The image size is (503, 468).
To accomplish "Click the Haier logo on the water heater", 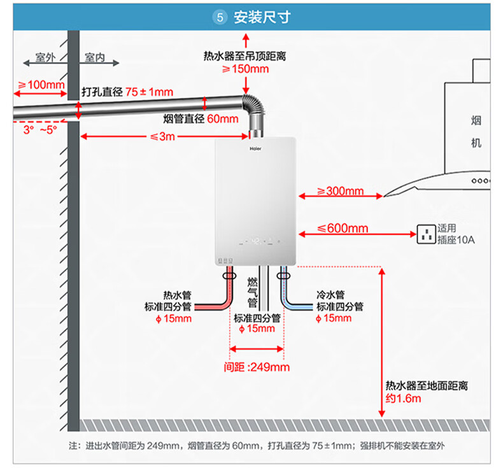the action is coord(255,148).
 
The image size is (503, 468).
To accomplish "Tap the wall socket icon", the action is coord(426,234).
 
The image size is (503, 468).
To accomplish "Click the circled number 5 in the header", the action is coord(220,17).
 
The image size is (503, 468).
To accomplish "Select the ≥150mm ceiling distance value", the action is coord(245,69).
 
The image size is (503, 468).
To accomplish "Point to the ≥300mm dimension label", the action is coord(340,191).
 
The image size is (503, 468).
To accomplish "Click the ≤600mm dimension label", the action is coord(343,229).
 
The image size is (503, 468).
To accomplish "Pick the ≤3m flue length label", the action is coord(162,137).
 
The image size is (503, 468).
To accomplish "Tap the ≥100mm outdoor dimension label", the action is coord(41,85).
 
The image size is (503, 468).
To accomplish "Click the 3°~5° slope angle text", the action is coord(40,130).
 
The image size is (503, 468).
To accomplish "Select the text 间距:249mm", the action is coord(257,367).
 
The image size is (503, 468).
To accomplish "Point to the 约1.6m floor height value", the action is coord(403,399).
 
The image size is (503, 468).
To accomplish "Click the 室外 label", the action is coord(45,57).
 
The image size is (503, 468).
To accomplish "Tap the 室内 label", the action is coord(95,57).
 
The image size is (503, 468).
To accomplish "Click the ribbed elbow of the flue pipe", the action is coord(256,106).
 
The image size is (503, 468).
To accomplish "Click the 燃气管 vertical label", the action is coord(253,292).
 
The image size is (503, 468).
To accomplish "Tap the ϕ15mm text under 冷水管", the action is coord(334,318).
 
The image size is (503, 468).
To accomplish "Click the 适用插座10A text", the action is coord(456,234).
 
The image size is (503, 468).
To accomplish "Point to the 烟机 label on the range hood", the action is coord(476,132).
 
